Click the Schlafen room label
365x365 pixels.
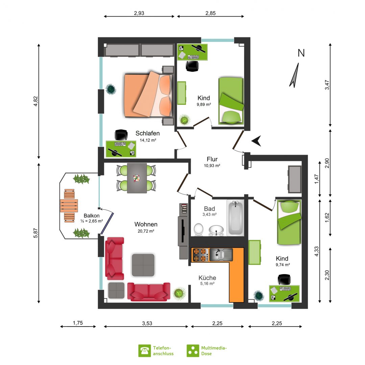tap(148, 133)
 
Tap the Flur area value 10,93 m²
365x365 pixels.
tap(212, 166)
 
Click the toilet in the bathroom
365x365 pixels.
tap(199, 229)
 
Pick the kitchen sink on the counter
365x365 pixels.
tap(221, 254)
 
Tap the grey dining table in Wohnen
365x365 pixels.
tap(137, 178)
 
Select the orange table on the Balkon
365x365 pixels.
tap(69, 206)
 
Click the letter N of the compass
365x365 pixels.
tap(301, 53)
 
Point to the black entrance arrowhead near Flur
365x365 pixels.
tap(257, 141)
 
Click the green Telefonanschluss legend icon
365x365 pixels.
tap(145, 351)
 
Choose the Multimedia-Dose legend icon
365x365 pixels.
tap(193, 351)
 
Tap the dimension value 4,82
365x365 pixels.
tap(35, 101)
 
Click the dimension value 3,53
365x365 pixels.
tap(147, 323)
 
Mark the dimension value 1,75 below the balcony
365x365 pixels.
tap(78, 323)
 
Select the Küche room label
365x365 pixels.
tap(207, 278)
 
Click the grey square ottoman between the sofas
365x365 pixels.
tap(143, 265)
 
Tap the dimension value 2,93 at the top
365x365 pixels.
tap(139, 13)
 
